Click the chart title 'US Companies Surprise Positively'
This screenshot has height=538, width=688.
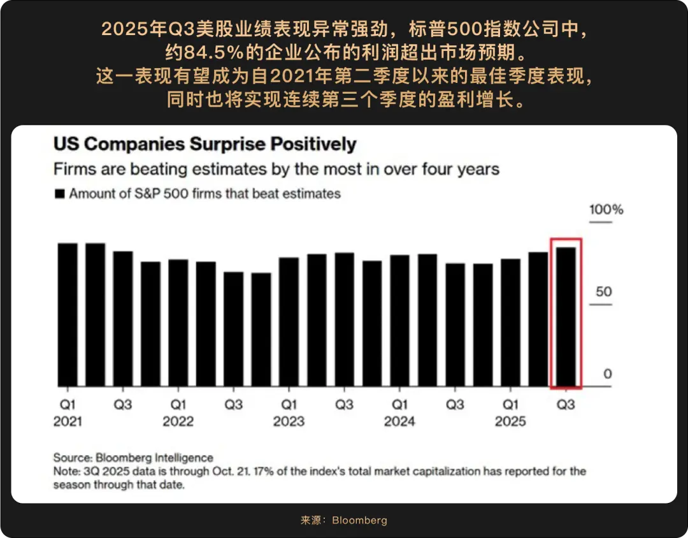pyautogui.click(x=204, y=144)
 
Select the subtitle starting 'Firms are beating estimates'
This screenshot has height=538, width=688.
pyautogui.click(x=276, y=170)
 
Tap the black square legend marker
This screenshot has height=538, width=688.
pyautogui.click(x=60, y=194)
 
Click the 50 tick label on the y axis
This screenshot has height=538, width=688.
pyautogui.click(x=603, y=292)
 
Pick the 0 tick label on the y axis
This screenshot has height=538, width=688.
pyautogui.click(x=607, y=374)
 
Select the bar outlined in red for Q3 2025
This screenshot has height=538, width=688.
pyautogui.click(x=566, y=317)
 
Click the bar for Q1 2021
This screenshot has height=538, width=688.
pyautogui.click(x=67, y=315)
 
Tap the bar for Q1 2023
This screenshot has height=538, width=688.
pyautogui.click(x=289, y=322)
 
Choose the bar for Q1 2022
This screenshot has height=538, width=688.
pyautogui.click(x=178, y=323)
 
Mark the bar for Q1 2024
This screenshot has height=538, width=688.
pyautogui.click(x=399, y=321)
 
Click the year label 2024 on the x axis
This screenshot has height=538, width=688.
pyautogui.click(x=399, y=421)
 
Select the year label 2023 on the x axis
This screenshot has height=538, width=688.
pyautogui.click(x=289, y=421)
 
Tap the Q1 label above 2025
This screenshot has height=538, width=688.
pyautogui.click(x=510, y=405)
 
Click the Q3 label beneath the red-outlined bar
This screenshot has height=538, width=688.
pyautogui.click(x=566, y=405)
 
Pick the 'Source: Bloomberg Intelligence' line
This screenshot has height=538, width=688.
pyautogui.click(x=133, y=458)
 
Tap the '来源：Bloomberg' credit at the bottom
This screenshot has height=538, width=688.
pyautogui.click(x=343, y=520)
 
